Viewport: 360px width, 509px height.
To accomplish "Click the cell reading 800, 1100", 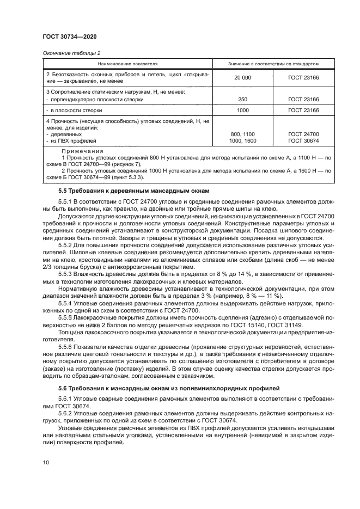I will [242, 134].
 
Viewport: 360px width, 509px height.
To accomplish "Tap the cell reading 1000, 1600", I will [242, 140].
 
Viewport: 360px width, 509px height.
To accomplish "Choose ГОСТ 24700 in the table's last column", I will [303, 134].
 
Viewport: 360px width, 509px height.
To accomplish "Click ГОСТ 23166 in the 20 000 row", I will [303, 78].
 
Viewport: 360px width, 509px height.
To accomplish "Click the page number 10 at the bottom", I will [46, 463].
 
